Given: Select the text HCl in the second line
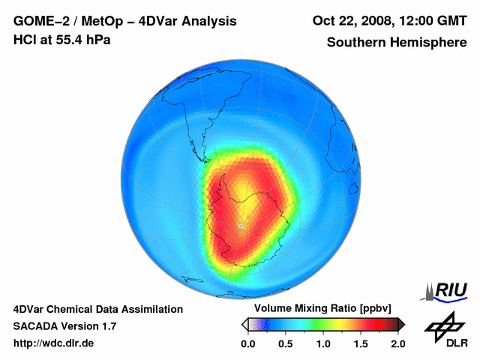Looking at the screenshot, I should point(24,40).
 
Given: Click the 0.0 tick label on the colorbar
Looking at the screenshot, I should point(247,343).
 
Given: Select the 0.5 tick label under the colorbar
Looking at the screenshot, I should point(285,343).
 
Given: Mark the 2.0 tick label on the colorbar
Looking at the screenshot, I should point(397,343).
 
